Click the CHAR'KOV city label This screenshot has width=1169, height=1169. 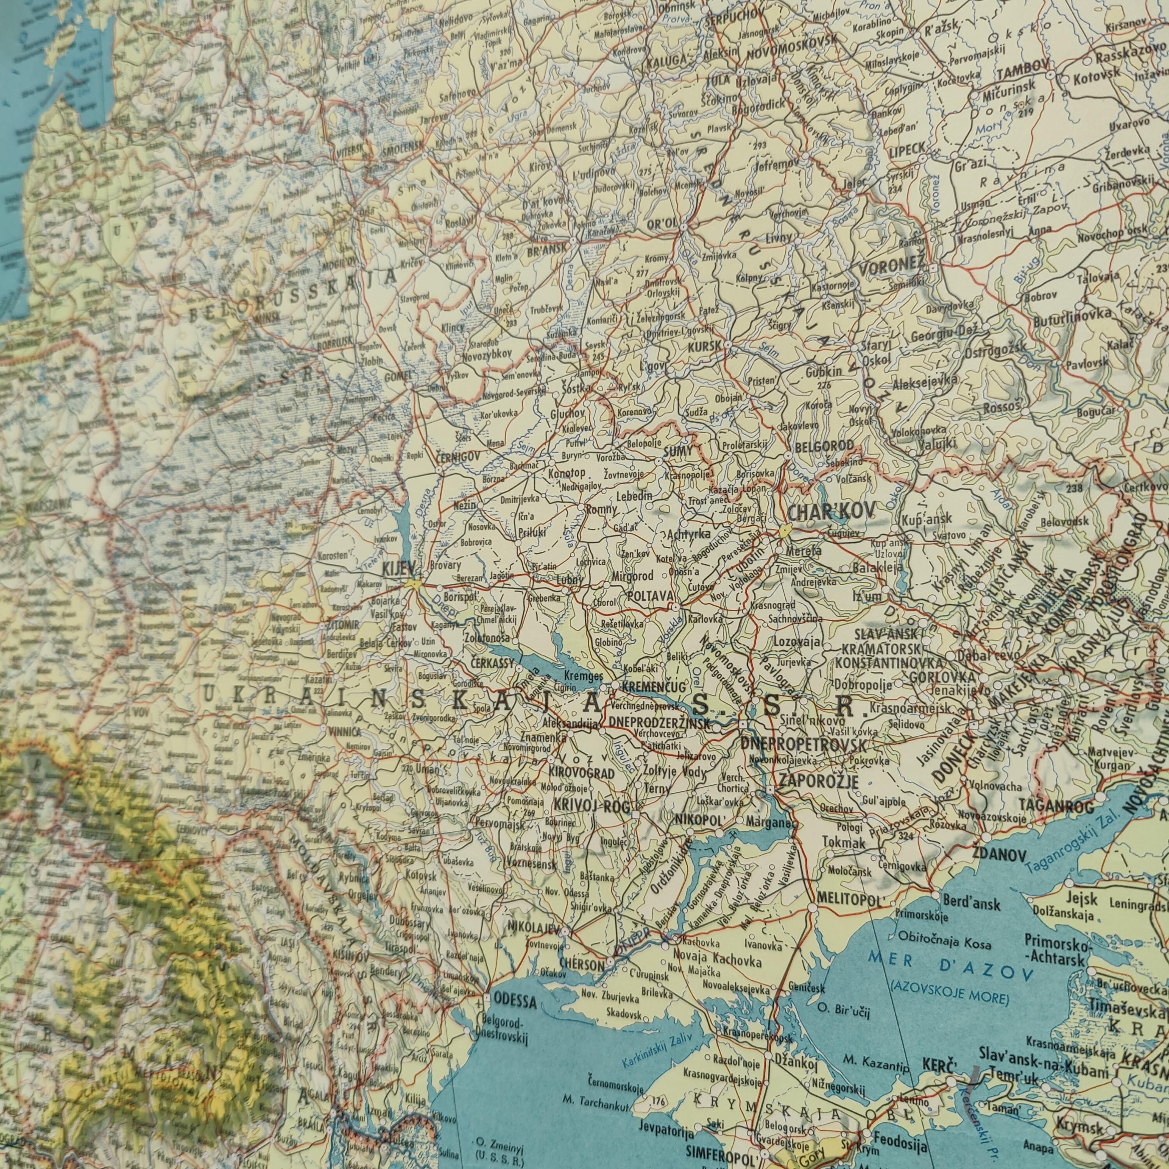831,512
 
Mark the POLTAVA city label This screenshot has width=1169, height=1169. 650,596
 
